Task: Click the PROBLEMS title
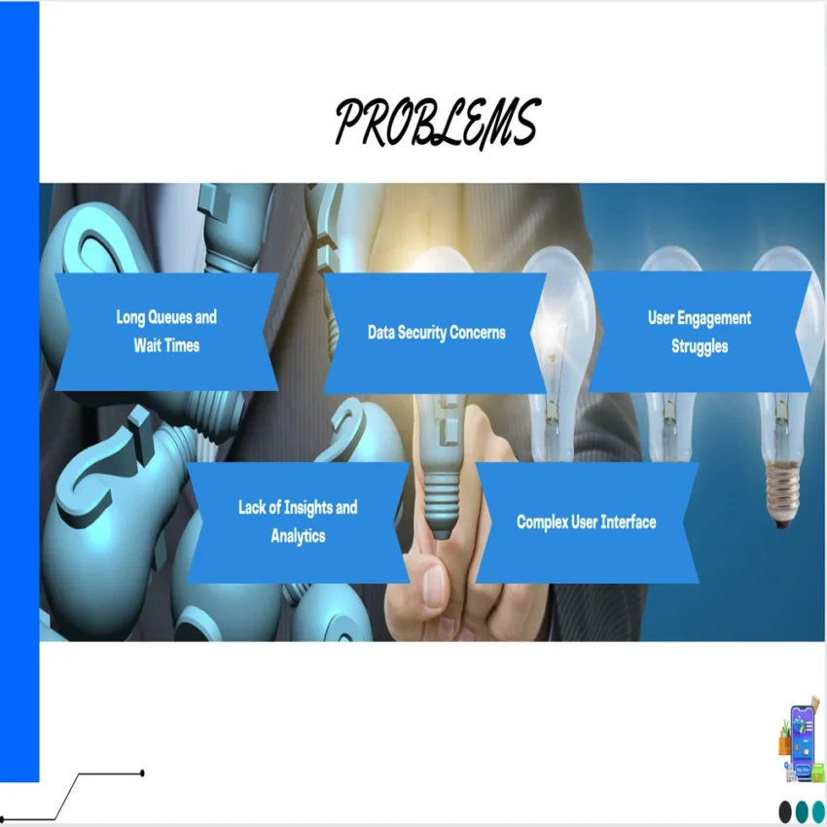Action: tap(437, 124)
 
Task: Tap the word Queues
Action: tap(168, 317)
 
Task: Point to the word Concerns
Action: tap(480, 333)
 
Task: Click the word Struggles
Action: tap(700, 345)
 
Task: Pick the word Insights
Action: tap(306, 507)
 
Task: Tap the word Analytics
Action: tap(298, 536)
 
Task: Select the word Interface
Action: tap(629, 522)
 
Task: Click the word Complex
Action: tap(542, 522)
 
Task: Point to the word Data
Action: tap(380, 333)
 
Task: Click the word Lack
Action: tap(254, 507)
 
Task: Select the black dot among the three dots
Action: tap(786, 810)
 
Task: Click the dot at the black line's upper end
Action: tap(143, 773)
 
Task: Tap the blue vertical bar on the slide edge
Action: tap(19, 389)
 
